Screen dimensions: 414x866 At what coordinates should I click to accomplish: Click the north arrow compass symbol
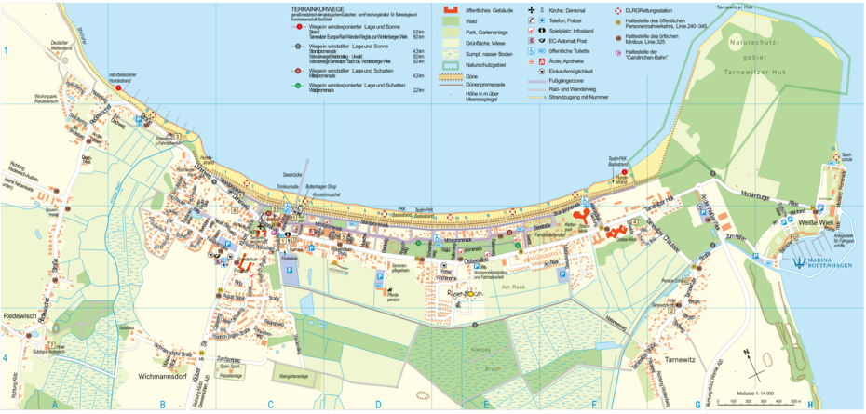tap(747, 357)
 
